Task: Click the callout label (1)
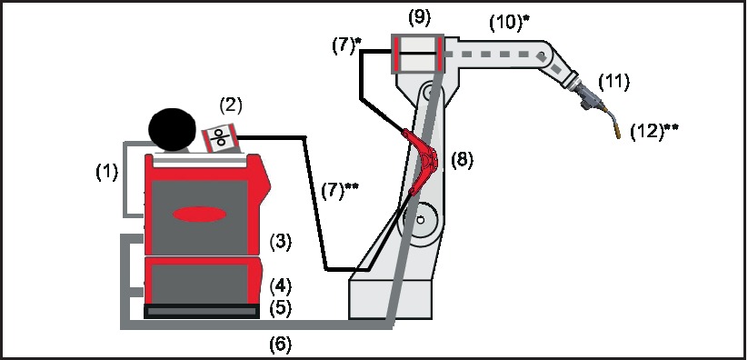tap(107, 173)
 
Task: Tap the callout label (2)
tap(231, 105)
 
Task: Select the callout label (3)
tap(281, 242)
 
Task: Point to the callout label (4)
tap(281, 286)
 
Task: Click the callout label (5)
tap(281, 308)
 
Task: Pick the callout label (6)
tap(281, 345)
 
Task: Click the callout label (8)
tap(463, 160)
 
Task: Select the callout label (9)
tap(420, 17)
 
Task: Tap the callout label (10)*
tap(510, 23)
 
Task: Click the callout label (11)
tap(614, 82)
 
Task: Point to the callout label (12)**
tap(654, 131)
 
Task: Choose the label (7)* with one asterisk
tap(347, 46)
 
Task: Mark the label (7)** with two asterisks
tap(340, 191)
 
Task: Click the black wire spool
tap(172, 128)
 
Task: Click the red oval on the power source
tap(199, 215)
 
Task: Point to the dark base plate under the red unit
tap(202, 311)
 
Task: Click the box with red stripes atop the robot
tap(418, 54)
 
